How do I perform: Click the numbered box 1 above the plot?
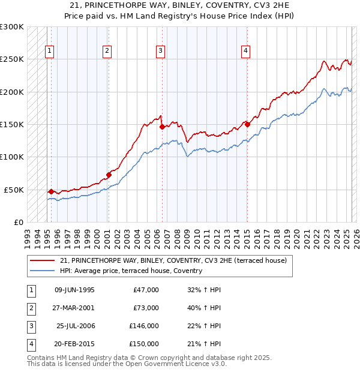[49, 51]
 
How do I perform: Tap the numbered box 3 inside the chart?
[161, 51]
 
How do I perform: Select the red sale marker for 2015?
[247, 125]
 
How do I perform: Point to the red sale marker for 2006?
[162, 127]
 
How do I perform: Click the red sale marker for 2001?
[109, 175]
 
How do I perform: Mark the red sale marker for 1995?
[51, 191]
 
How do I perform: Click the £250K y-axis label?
[12, 59]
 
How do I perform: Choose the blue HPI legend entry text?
[131, 271]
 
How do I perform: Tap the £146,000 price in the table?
[144, 326]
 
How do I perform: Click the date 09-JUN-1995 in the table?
[74, 290]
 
